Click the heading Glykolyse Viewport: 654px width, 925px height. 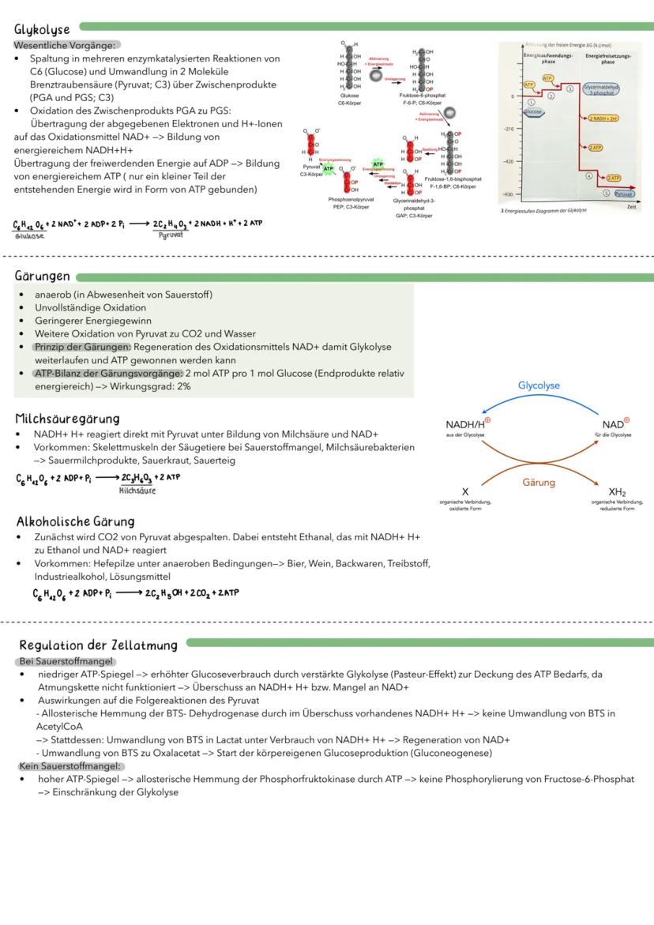[x=43, y=30]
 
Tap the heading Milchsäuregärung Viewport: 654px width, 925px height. [x=67, y=418]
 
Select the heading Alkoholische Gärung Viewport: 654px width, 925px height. [x=76, y=521]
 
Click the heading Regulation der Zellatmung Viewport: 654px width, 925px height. [x=98, y=645]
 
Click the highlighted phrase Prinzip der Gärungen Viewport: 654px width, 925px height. [x=82, y=347]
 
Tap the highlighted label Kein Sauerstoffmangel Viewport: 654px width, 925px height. [x=70, y=766]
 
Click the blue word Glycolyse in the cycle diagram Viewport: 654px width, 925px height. [x=539, y=385]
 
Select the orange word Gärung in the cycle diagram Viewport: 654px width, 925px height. [x=539, y=482]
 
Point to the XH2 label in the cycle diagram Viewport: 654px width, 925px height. [x=617, y=491]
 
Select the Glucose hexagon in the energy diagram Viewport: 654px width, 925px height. [x=534, y=112]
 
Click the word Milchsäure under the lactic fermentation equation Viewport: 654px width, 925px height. [x=137, y=491]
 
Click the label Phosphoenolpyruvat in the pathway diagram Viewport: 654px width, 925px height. [x=351, y=201]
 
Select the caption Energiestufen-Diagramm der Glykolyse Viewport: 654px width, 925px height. [x=547, y=210]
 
